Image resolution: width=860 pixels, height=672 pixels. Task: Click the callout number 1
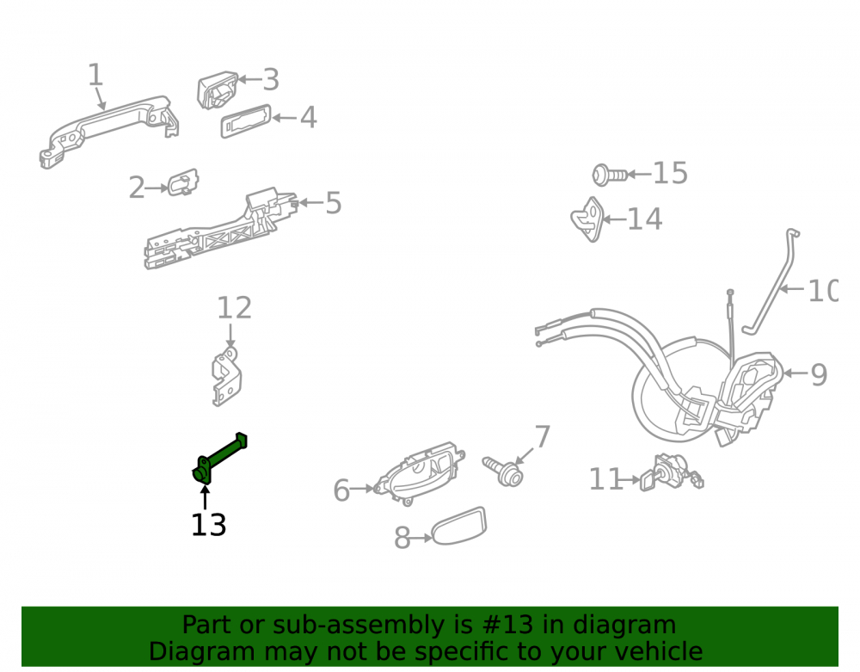click(95, 75)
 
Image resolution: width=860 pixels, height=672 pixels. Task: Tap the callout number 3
click(271, 80)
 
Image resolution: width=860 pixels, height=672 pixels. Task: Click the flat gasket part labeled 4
click(246, 120)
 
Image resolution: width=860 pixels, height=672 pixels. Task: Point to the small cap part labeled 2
click(183, 182)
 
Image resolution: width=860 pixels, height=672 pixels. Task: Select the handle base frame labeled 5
click(219, 231)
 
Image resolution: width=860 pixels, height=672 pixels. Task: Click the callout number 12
click(234, 308)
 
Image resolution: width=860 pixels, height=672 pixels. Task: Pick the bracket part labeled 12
click(226, 378)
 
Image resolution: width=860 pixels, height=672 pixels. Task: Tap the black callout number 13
click(208, 525)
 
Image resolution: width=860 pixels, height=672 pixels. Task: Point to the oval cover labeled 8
click(459, 526)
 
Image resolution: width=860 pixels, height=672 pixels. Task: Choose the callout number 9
click(819, 375)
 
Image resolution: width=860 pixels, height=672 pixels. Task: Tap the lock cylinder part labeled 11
click(672, 473)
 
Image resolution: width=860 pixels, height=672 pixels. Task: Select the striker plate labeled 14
click(587, 219)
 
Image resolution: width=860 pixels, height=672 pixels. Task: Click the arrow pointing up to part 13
click(206, 497)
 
